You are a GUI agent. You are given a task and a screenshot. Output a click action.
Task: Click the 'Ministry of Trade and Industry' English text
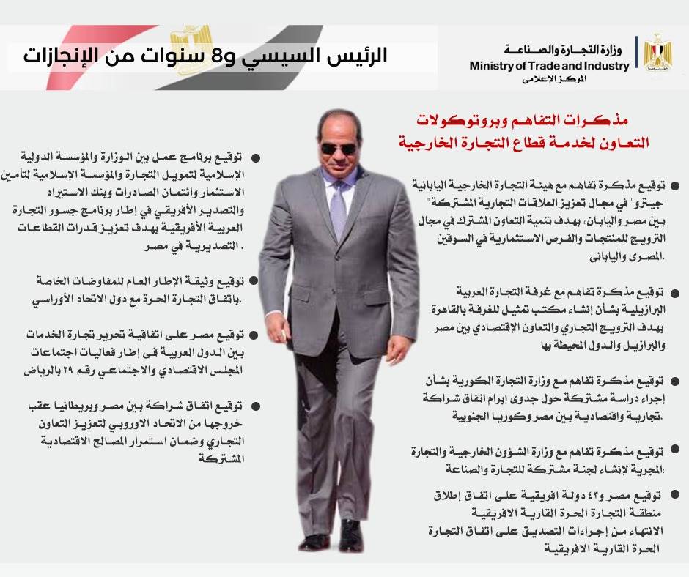coord(549,66)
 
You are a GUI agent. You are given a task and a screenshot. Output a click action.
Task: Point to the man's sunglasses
coord(338,149)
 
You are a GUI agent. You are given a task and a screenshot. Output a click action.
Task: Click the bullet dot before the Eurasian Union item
coord(254,281)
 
